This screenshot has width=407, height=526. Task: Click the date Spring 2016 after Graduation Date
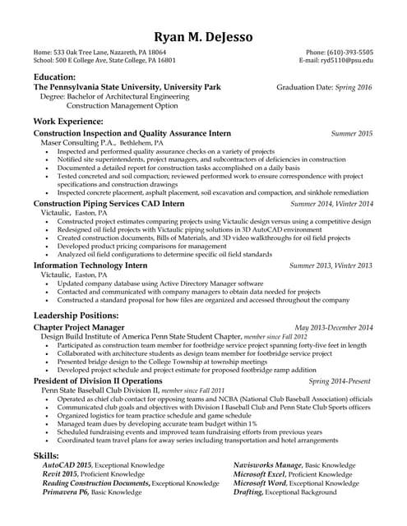point(353,86)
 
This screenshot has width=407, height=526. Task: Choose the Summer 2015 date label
point(352,132)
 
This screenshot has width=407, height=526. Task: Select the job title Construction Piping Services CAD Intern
point(109,203)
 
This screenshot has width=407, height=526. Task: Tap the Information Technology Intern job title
point(90,265)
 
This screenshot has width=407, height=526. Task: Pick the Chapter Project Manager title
point(79,327)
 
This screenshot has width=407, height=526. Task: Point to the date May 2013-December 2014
point(334,327)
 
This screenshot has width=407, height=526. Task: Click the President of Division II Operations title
point(98,381)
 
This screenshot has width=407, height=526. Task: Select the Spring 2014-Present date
point(340,381)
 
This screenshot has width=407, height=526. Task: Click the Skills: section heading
point(46,454)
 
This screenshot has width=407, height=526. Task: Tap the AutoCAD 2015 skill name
point(67,465)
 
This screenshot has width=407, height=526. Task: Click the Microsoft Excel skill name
point(259,474)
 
